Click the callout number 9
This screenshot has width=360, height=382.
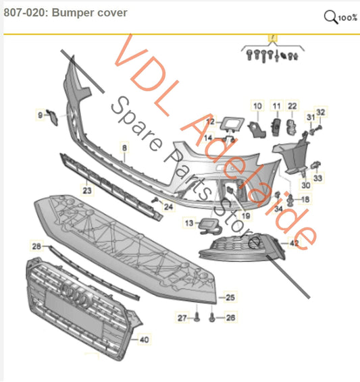coord(40,115)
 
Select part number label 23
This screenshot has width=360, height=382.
coord(86,191)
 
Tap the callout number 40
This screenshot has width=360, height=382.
coord(143,340)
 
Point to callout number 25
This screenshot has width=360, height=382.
coord(230,297)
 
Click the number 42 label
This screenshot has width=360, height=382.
coord(294,242)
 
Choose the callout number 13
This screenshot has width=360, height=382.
coord(188,223)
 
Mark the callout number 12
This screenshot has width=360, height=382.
coord(210,122)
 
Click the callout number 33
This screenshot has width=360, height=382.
coord(319,178)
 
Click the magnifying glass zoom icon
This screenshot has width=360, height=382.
coord(330,16)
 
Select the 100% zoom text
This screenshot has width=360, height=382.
coord(348,18)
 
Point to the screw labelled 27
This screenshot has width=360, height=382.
coord(197,316)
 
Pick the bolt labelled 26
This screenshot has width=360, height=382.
coord(213,316)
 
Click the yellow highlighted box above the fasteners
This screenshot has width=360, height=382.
coord(273,38)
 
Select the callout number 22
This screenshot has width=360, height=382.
coord(292,106)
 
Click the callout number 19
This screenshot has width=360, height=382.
coord(246,215)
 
